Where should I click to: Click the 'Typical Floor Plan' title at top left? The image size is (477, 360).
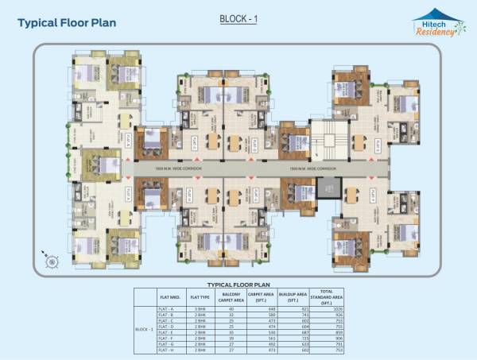pyautogui.click(x=67, y=22)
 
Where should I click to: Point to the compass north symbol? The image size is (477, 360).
pyautogui.click(x=50, y=259)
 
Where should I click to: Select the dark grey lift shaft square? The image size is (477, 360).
pyautogui.click(x=327, y=188)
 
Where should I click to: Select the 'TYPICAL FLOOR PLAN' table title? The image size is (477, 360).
pyautogui.click(x=239, y=283)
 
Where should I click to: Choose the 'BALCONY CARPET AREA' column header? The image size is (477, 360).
pyautogui.click(x=231, y=296)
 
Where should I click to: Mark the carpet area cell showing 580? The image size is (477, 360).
pyautogui.click(x=263, y=314)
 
